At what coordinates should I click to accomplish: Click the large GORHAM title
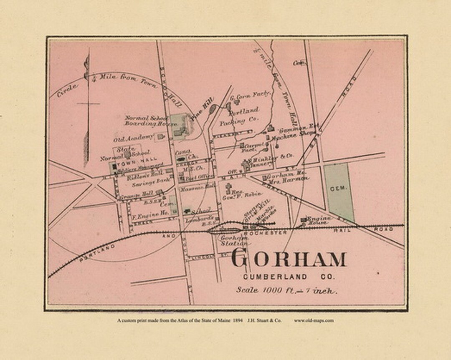tap(288, 259)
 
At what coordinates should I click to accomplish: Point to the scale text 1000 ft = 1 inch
tap(286, 290)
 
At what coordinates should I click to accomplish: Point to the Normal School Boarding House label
tap(146, 121)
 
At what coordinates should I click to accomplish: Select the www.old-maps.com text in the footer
tap(314, 321)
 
